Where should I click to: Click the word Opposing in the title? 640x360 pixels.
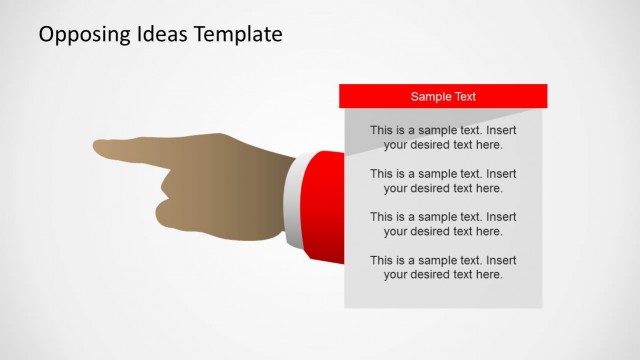click(83, 35)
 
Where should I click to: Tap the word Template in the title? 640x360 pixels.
click(239, 35)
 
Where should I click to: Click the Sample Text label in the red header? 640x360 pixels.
click(443, 97)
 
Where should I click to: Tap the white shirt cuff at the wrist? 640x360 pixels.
click(290, 200)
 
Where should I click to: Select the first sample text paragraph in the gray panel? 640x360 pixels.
click(443, 137)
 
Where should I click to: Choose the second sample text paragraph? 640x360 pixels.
click(443, 180)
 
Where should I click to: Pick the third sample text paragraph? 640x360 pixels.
click(443, 223)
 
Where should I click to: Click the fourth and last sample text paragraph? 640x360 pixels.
click(443, 267)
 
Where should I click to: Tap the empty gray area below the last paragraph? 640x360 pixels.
click(443, 293)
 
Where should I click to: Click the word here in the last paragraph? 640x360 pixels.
click(489, 274)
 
